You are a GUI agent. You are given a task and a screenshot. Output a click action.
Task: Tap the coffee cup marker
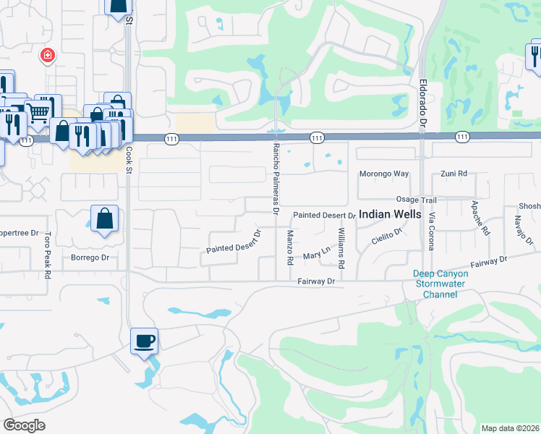[x=144, y=340]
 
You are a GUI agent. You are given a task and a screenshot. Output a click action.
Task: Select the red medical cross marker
[x=48, y=56]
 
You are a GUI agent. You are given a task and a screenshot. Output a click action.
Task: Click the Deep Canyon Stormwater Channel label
[x=440, y=284]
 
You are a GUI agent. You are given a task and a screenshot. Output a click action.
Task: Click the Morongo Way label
[x=384, y=174]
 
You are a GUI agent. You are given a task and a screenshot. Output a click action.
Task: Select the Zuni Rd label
[x=455, y=174]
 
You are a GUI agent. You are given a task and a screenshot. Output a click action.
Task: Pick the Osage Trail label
[x=416, y=199]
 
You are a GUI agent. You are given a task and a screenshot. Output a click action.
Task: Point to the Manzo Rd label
[x=290, y=247]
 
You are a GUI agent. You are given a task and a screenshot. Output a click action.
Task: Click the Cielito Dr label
[x=387, y=237]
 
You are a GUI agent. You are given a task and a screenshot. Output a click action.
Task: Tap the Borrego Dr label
[x=90, y=258]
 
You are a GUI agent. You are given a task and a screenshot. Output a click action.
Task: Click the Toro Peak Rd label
[x=47, y=255]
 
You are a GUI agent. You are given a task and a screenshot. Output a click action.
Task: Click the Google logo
[x=25, y=425]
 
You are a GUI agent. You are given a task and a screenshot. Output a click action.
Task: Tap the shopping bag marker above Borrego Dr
[x=104, y=218]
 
